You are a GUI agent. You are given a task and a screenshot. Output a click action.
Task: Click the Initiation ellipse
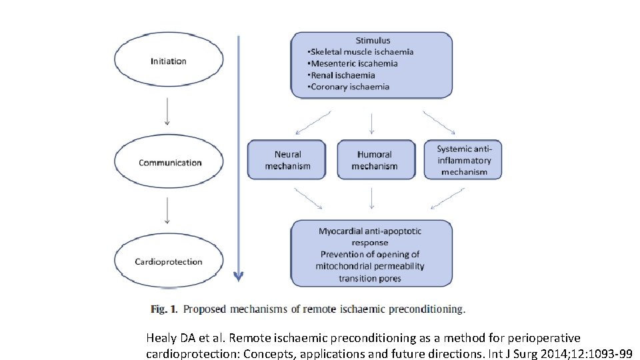168,61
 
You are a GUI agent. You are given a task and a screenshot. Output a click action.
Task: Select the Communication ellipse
169,163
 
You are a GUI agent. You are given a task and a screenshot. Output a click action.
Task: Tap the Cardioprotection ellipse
168,261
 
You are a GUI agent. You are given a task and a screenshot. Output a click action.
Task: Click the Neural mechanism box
287,160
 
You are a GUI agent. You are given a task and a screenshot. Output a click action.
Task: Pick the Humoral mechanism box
374,160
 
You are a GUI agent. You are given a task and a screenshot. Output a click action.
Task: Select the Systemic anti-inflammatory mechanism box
463,160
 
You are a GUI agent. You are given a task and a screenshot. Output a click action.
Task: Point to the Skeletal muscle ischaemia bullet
360,52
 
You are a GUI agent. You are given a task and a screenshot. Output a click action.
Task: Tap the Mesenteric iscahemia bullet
353,64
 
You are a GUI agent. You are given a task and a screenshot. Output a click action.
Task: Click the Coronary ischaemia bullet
349,87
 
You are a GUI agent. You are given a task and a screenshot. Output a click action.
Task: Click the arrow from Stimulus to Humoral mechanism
372,124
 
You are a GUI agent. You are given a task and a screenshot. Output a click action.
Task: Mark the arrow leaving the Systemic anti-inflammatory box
447,198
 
